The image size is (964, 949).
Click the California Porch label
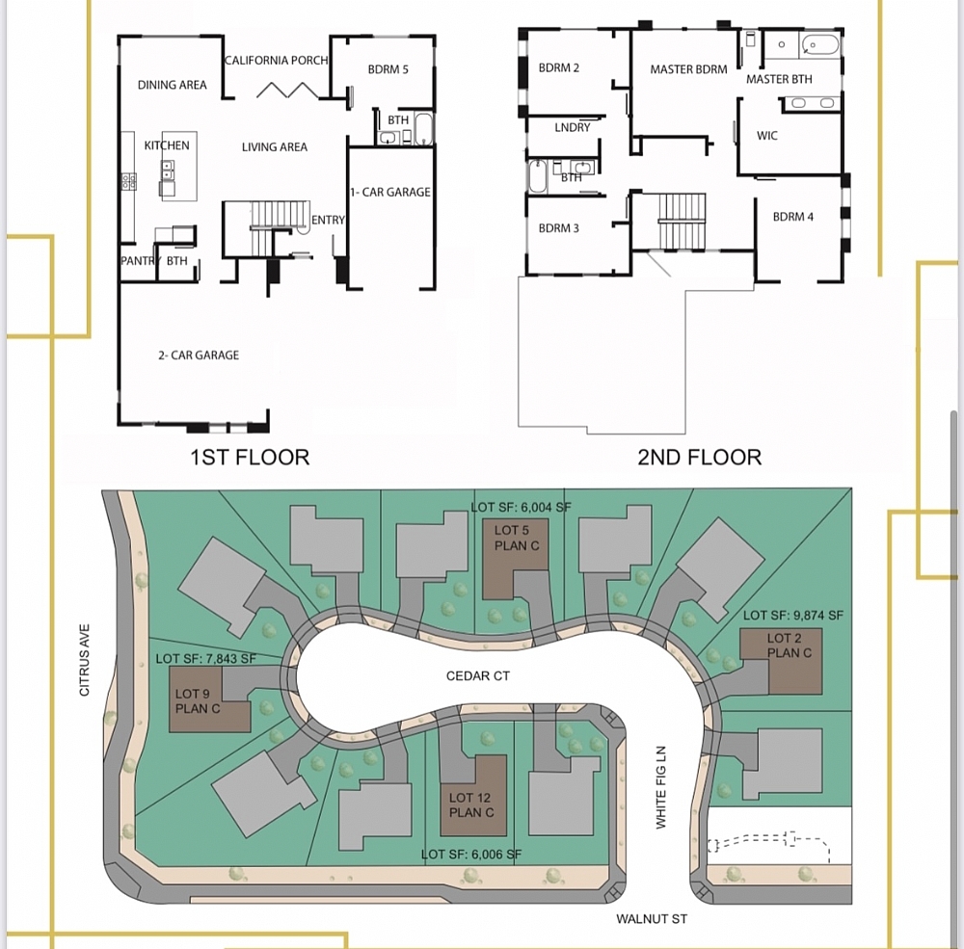pos(276,60)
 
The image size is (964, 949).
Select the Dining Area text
pos(172,85)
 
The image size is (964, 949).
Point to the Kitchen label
pos(167,145)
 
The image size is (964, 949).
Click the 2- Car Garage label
pos(199,356)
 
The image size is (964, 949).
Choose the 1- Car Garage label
pos(390,192)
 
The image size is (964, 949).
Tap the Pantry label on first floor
pos(139,261)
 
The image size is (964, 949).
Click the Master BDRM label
pos(688,69)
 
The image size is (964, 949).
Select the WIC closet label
pos(766,136)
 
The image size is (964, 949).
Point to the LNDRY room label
pos(573,127)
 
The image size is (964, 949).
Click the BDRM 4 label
pos(792,217)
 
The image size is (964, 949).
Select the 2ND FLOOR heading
pos(699,457)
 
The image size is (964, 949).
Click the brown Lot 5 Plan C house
pos(512,559)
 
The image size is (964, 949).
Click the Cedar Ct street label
pos(477,676)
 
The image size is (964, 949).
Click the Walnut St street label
pos(652,919)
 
